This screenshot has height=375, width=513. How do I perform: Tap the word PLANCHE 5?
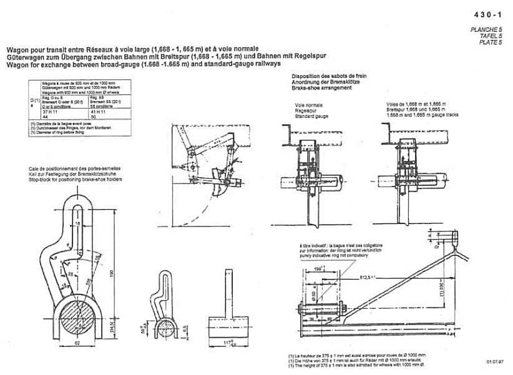tap(486, 30)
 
